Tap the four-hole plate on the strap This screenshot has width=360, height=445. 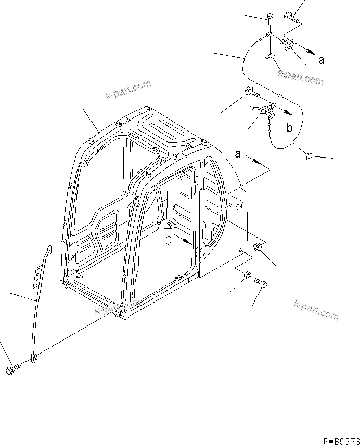37,276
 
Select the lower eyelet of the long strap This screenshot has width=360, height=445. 34,357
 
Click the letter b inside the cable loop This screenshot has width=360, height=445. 290,127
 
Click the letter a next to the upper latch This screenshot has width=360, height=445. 322,60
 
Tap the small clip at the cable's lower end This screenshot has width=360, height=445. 307,153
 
